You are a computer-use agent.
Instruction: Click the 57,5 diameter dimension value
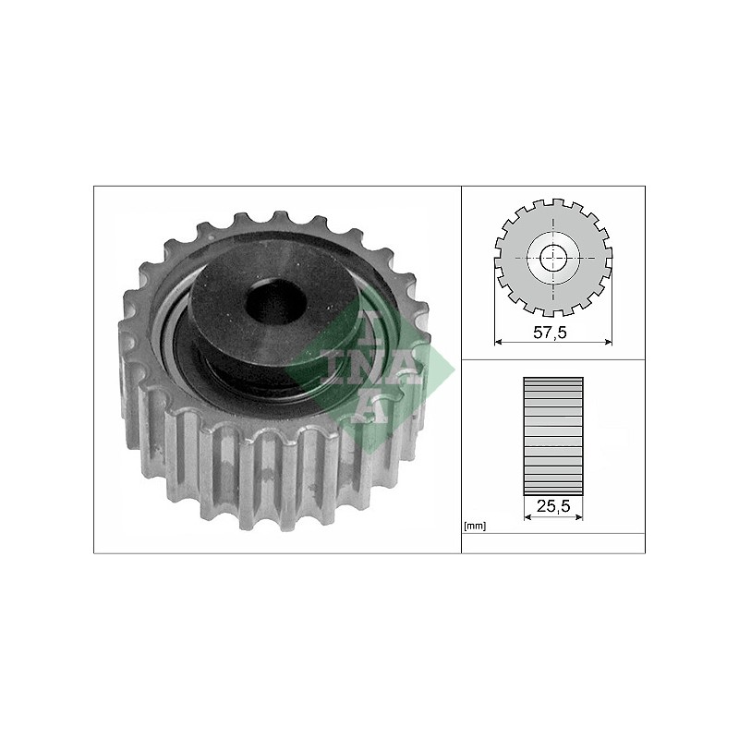[x=550, y=333]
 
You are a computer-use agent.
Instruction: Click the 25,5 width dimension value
[x=553, y=506]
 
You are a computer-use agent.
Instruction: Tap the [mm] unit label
[x=475, y=527]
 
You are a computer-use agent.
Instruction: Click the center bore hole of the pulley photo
[x=275, y=301]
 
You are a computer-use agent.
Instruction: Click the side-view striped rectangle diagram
[x=553, y=436]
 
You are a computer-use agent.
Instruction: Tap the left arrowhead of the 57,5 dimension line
[x=499, y=342]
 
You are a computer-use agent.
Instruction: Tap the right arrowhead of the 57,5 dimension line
[x=608, y=342]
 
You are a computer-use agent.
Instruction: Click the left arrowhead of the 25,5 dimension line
[x=527, y=517]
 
